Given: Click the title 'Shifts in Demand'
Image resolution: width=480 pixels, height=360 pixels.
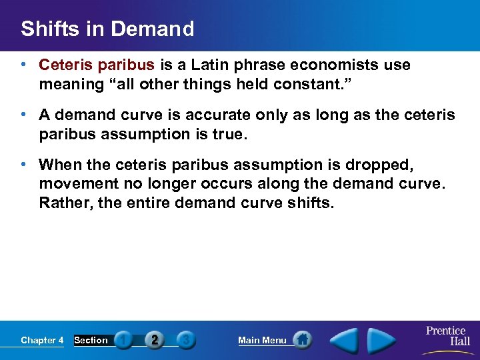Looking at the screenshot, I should pos(107,29).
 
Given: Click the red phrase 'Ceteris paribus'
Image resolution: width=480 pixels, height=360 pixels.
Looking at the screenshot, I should pos(97,65).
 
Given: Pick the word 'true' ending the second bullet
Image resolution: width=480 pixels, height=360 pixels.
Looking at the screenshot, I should pos(227,134).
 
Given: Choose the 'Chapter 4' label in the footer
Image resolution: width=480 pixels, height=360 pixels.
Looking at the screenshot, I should pos(42,341).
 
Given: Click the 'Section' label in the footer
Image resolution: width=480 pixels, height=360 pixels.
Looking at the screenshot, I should pos(91,341).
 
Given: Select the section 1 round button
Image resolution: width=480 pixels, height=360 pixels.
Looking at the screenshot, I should pos(123,340).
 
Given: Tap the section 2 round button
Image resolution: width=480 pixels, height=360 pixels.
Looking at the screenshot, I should pos(155,340).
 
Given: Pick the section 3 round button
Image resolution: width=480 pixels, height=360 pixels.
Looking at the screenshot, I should pos(187,340).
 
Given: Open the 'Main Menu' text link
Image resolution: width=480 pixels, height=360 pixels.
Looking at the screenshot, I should pos(262,341).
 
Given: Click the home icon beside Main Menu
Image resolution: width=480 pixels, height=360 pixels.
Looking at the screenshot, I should pos(302,340).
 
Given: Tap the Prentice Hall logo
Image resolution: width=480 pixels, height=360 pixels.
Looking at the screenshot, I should pos(447,336).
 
